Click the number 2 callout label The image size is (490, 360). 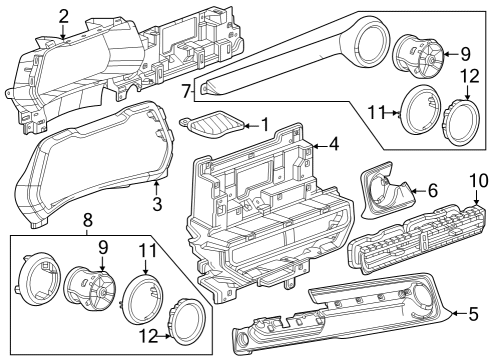[x=63, y=15]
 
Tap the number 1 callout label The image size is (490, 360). [x=264, y=124]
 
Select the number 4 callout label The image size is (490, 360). [x=333, y=143]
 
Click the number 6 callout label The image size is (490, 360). [x=432, y=189]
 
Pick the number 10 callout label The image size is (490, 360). [x=476, y=180]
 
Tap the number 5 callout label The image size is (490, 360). [x=474, y=313]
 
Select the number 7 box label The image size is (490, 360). [x=186, y=91]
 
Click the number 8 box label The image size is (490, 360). [x=88, y=219]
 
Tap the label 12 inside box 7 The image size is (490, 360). [x=469, y=77]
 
